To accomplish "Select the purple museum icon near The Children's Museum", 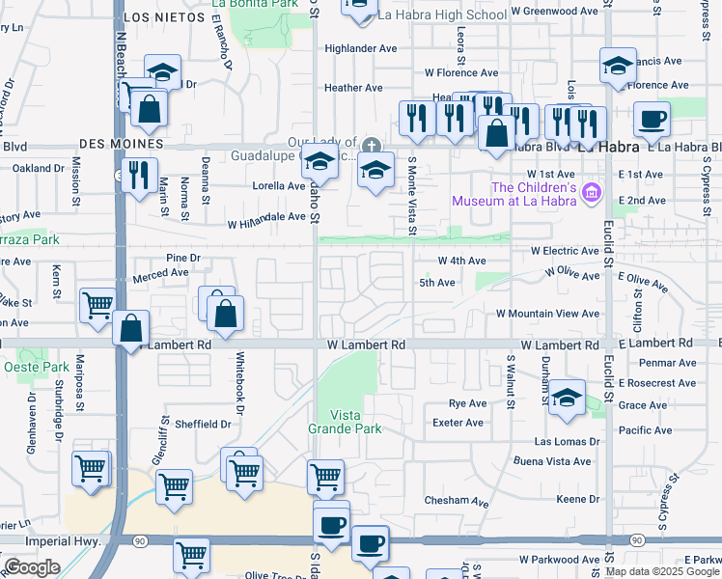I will [591, 195].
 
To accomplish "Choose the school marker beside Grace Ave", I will [567, 400].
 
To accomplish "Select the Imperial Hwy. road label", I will [69, 541].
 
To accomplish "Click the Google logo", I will [32, 567].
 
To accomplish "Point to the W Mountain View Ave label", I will [547, 314].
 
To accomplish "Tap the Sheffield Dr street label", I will [203, 424].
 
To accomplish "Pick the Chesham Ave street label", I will [457, 501].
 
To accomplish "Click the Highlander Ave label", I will [361, 48].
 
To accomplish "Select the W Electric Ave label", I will [567, 250].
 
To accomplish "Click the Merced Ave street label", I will [160, 273].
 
